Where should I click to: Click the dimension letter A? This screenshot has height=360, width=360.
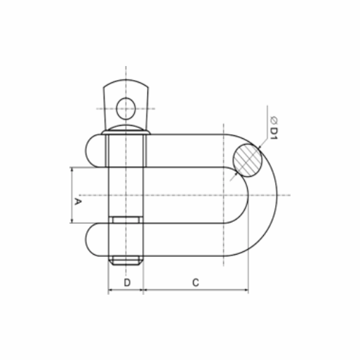tap(78, 201)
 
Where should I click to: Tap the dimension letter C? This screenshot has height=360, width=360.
tap(196, 283)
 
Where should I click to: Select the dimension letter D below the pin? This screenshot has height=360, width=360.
tap(127, 283)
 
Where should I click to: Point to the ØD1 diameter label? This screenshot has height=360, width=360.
tap(274, 128)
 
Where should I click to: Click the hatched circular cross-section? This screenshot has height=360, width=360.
tap(248, 160)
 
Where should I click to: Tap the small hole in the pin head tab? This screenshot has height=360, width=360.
tap(126, 109)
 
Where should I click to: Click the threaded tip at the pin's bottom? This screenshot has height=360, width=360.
tap(126, 260)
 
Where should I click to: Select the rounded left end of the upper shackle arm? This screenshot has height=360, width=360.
tap(92, 151)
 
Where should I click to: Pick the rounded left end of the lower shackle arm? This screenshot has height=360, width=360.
tap(92, 240)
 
